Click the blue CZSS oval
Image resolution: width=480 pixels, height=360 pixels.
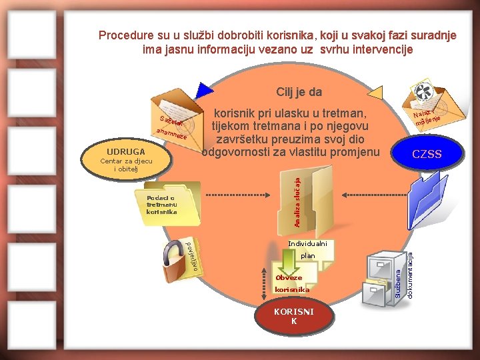click(x=427, y=155)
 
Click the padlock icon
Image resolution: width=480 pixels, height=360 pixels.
click(x=175, y=263)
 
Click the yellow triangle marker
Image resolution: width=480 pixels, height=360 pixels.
click(x=377, y=93)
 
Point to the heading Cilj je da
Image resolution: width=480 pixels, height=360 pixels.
click(x=299, y=92)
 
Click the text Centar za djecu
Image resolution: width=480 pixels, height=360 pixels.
click(x=125, y=161)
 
